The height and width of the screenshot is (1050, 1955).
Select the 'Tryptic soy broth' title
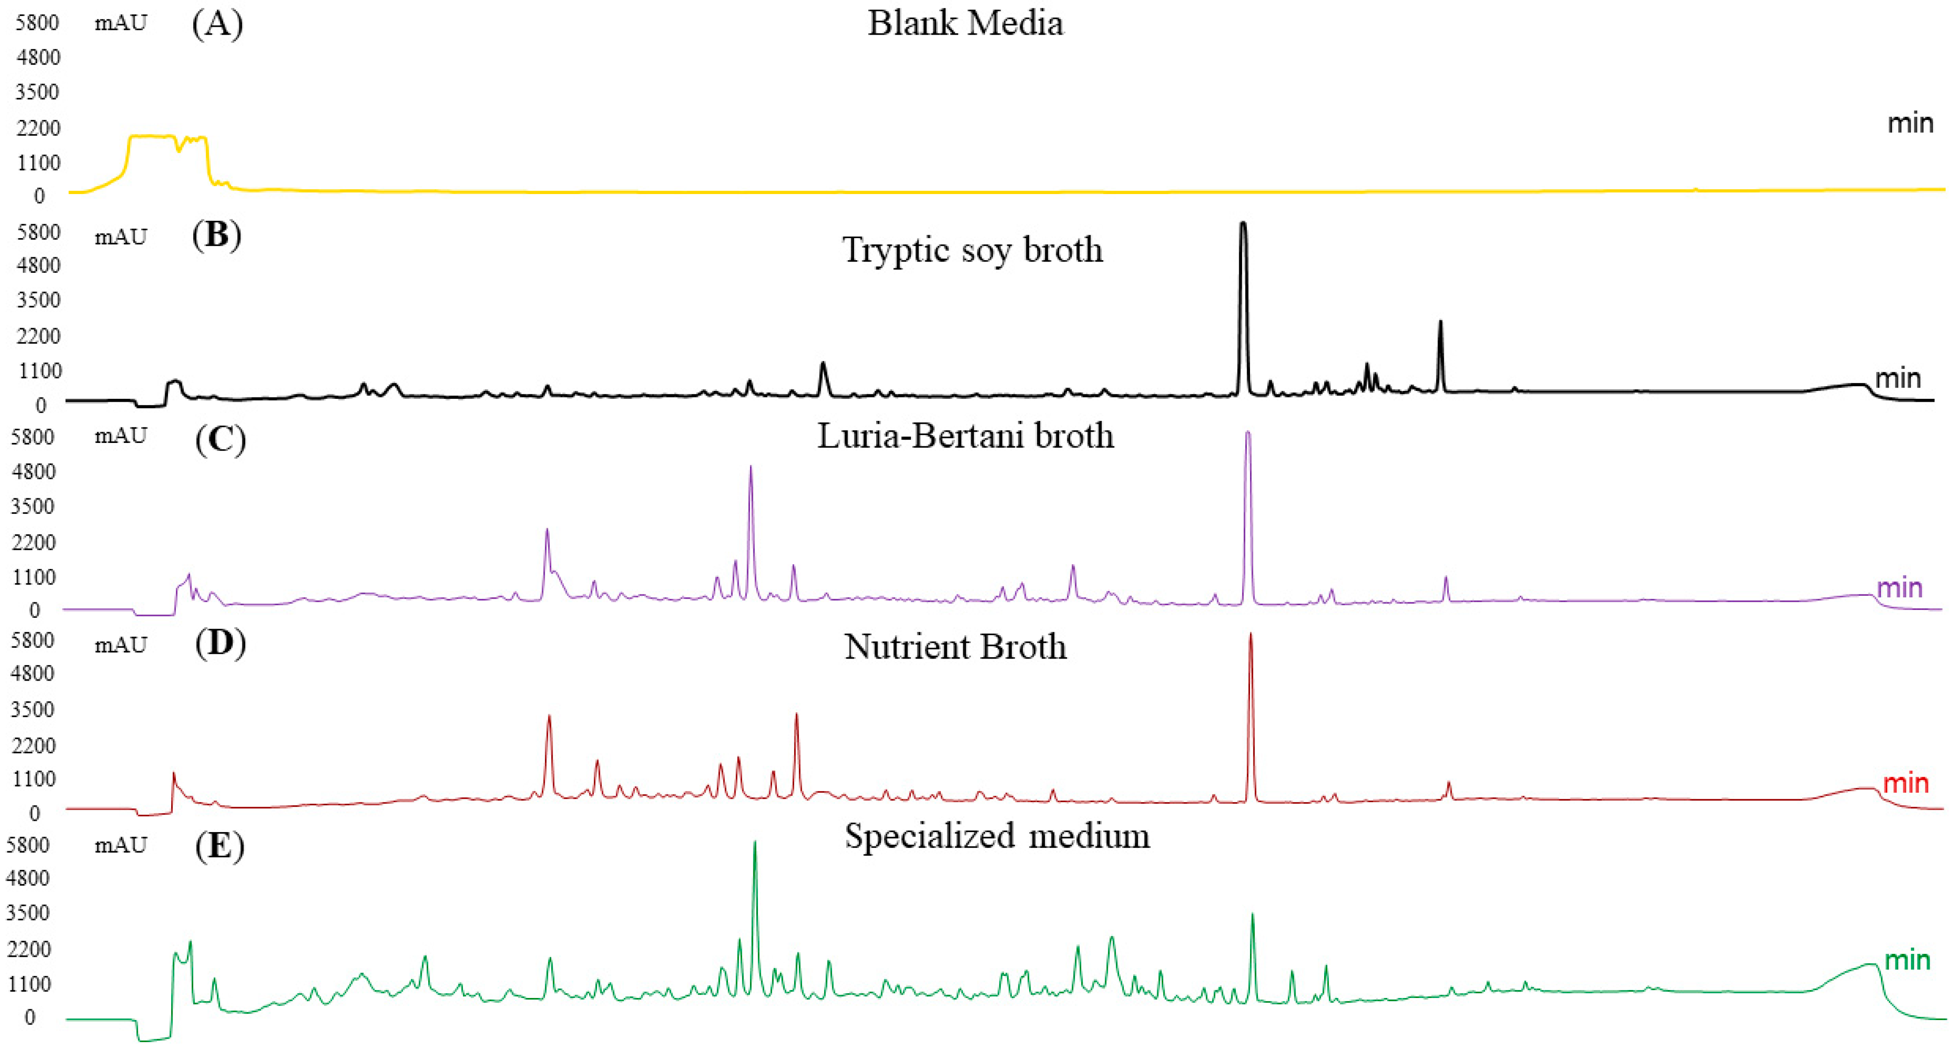[x=972, y=249]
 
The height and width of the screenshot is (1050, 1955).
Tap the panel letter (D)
[x=220, y=643]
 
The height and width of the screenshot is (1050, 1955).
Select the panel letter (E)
[x=220, y=845]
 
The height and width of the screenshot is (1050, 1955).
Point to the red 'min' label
[x=1906, y=782]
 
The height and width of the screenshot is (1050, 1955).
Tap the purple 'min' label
[x=1900, y=587]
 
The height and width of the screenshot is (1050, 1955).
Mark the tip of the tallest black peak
[x=1243, y=223]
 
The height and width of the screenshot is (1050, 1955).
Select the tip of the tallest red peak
[x=1250, y=634]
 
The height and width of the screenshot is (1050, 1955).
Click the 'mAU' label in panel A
[x=121, y=23]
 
